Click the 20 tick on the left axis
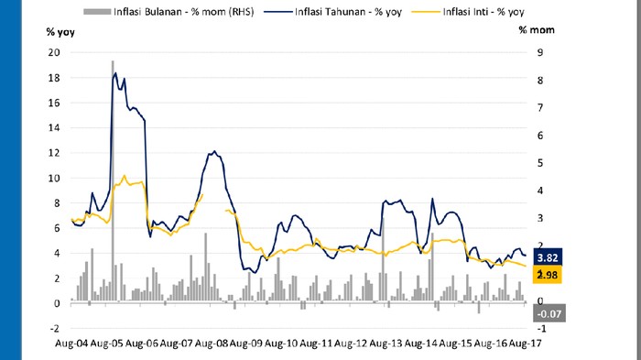coord(54,52)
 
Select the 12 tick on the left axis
coord(54,153)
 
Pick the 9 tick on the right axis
coord(526,52)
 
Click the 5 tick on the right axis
coord(526,163)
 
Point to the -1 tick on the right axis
coord(526,328)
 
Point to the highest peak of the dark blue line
coord(115,72)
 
